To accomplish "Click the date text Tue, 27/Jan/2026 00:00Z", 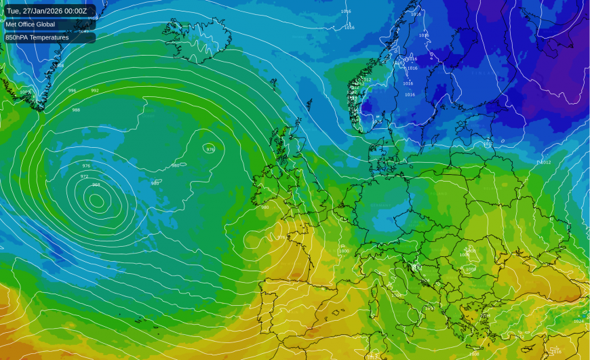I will tap(47, 11).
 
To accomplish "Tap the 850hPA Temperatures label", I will tap(37, 37).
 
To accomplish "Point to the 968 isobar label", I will tap(96, 184).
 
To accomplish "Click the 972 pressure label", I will tap(84, 176).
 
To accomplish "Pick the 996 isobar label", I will tap(72, 90).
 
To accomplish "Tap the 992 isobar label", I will tap(95, 90).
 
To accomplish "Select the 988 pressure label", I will tap(76, 110).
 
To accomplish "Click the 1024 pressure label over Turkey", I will tap(578, 321).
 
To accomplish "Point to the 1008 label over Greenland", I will tap(24, 92).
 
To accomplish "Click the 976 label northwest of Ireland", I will tap(210, 149).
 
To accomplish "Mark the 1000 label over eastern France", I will tap(344, 251).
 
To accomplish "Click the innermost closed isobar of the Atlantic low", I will tap(97, 200).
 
